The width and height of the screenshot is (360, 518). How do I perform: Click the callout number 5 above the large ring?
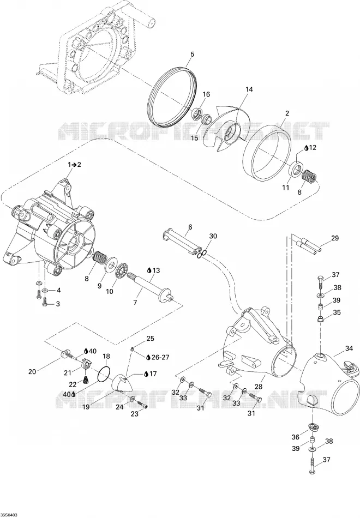tap(193, 55)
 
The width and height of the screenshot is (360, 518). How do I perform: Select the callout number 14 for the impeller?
tap(249, 89)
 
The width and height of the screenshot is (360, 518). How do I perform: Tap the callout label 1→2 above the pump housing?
tap(74, 165)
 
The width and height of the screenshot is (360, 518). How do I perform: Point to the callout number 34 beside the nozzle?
tap(349, 348)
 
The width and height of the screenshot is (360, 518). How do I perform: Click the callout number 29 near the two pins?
tap(335, 238)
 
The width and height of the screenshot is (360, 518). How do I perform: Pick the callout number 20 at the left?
tap(32, 372)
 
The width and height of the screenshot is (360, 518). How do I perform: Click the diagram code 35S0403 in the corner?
tap(9, 515)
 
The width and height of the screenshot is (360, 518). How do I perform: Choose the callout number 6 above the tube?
tap(190, 227)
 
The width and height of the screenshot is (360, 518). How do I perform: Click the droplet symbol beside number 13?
tap(149, 270)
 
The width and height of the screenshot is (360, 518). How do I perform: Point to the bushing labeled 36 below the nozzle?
tap(313, 426)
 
